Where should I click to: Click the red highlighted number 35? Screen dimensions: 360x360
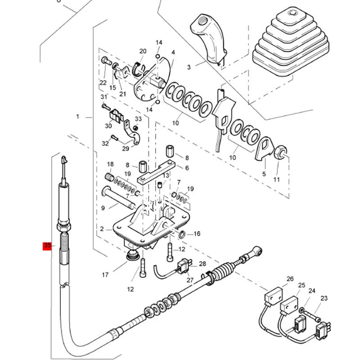tap(48, 246)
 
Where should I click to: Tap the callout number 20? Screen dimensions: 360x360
tap(143, 51)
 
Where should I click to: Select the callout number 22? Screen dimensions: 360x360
tap(103, 83)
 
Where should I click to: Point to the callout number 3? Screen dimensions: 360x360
tap(189, 67)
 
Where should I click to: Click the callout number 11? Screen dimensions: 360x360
tap(276, 180)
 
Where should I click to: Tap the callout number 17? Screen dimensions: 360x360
tap(105, 275)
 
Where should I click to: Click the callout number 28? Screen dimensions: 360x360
tap(202, 264)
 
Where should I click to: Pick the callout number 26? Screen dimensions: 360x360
tap(290, 279)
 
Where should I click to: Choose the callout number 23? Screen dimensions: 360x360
tap(324, 298)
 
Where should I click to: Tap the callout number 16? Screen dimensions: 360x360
tap(197, 234)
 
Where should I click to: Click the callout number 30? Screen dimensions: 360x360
tap(108, 126)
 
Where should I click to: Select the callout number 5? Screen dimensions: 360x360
tap(264, 173)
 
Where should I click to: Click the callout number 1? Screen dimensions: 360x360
tap(77, 117)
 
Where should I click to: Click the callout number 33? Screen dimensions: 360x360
tap(138, 119)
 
